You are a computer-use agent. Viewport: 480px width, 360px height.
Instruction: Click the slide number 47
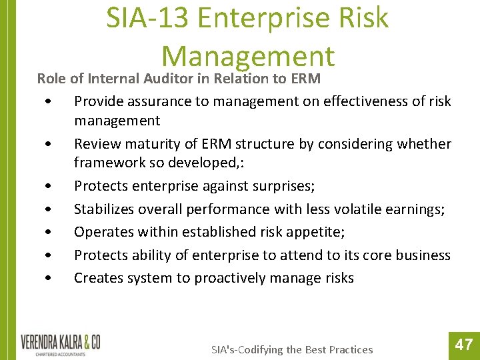point(464,345)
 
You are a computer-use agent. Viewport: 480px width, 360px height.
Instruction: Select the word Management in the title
point(247,57)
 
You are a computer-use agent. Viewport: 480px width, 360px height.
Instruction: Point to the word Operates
point(101,232)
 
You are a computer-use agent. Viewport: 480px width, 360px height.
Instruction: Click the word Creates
point(95,278)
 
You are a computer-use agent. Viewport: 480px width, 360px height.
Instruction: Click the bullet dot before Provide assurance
point(46,102)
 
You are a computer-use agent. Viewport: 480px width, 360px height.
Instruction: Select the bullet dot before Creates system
point(46,279)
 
